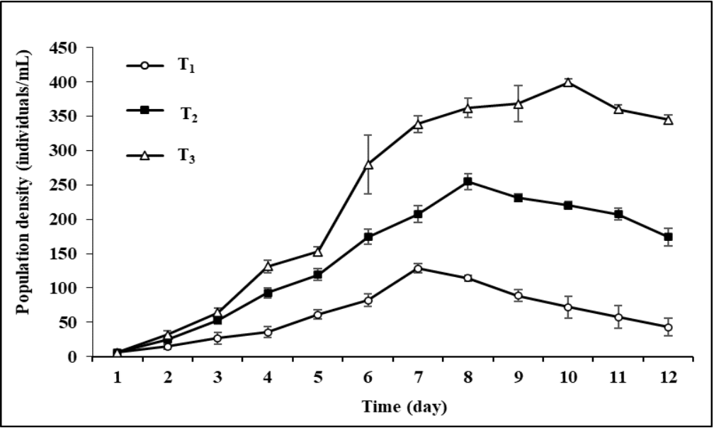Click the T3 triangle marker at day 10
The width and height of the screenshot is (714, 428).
pyautogui.click(x=568, y=82)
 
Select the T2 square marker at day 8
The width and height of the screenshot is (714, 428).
pyautogui.click(x=467, y=181)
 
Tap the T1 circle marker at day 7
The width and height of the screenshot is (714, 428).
pyautogui.click(x=418, y=268)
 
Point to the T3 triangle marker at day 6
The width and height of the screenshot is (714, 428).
pyautogui.click(x=368, y=164)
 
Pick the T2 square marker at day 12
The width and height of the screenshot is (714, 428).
pyautogui.click(x=668, y=237)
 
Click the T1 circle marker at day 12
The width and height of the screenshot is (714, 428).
pyautogui.click(x=668, y=327)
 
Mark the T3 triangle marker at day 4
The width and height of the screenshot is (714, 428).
pyautogui.click(x=268, y=266)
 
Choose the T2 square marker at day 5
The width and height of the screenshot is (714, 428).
pyautogui.click(x=318, y=274)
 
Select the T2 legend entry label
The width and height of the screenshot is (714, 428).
pyautogui.click(x=188, y=116)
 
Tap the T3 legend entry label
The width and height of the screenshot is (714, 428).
pyautogui.click(x=186, y=158)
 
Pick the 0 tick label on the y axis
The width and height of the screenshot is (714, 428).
pyautogui.click(x=72, y=357)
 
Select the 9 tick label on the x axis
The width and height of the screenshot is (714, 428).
pyautogui.click(x=518, y=378)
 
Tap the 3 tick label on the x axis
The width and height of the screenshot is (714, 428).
pyautogui.click(x=217, y=378)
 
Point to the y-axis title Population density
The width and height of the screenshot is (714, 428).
pyautogui.click(x=23, y=202)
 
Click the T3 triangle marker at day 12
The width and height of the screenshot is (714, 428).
pyautogui.click(x=668, y=119)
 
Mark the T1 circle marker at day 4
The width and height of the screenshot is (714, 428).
pyautogui.click(x=268, y=332)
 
